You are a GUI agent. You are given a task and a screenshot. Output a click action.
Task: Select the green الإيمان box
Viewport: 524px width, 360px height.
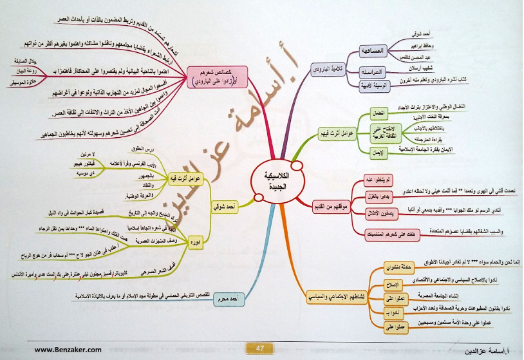coord(379,153)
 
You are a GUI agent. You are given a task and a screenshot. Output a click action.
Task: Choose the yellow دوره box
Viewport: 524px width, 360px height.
coord(194,242)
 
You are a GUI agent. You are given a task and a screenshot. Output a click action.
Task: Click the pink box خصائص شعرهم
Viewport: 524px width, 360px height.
coord(207,77)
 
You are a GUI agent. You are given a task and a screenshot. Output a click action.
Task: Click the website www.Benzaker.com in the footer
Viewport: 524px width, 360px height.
coord(68,349)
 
